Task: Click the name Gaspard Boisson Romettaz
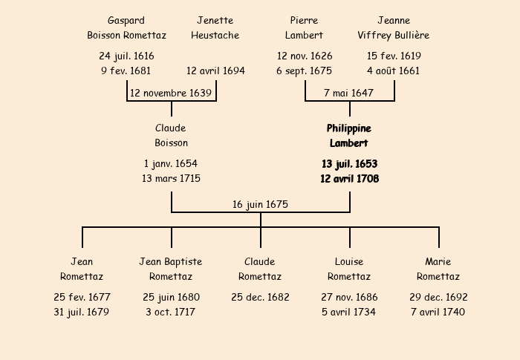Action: pos(126,27)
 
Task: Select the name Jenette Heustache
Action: pos(215,27)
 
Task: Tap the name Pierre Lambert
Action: pos(305,27)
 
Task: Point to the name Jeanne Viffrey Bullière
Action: pos(394,27)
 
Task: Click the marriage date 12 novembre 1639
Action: pos(171,94)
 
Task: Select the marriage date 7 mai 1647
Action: pos(349,94)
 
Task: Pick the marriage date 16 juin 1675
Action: pos(260,205)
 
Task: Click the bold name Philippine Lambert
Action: pos(349,136)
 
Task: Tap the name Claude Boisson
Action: pos(171,136)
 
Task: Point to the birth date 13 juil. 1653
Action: pos(349,163)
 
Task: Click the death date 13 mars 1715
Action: pos(171,178)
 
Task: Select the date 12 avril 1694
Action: pos(215,71)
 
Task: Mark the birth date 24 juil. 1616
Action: pos(126,56)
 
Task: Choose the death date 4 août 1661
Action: pos(394,71)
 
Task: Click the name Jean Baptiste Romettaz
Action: pos(171,269)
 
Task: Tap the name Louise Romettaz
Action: pos(349,269)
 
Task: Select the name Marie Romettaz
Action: pos(438,269)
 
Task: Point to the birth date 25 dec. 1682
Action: pos(260,297)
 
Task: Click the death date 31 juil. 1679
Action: pos(82,312)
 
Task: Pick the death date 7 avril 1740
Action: pos(438,312)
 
